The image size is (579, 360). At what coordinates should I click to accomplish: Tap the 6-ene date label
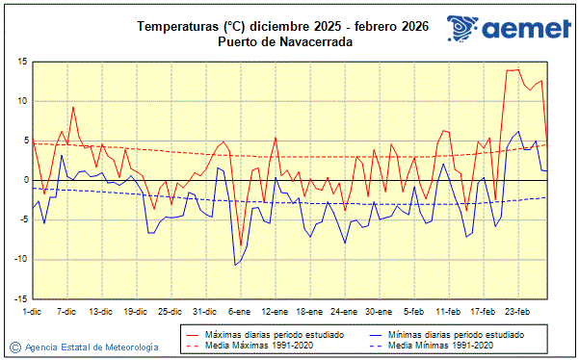pos(239,312)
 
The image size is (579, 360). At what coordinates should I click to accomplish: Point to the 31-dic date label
pos(204,312)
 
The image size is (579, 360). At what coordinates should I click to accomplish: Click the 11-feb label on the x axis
pos(448,312)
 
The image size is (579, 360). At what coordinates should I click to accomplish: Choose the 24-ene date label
pos(344,312)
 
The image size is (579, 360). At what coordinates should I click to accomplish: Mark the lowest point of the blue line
pos(235,265)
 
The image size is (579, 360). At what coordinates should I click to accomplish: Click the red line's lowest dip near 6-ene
pos(241,246)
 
